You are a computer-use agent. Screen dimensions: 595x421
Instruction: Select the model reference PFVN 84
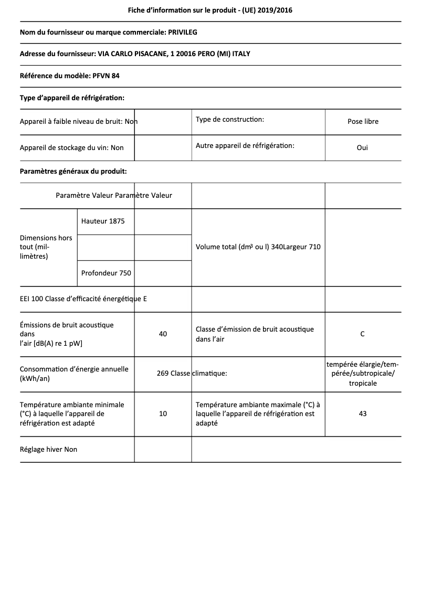[107, 76]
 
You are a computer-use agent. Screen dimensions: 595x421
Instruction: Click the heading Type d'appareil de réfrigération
[72, 98]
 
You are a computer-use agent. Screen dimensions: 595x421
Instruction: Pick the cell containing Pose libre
[363, 121]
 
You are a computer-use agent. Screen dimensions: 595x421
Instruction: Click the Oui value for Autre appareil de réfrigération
[362, 147]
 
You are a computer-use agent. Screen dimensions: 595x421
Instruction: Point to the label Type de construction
[230, 120]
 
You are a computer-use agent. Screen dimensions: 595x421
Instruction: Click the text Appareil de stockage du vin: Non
[72, 147]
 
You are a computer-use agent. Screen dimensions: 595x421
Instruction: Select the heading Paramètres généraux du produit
[73, 171]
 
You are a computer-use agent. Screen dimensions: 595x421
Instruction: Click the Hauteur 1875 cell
[103, 221]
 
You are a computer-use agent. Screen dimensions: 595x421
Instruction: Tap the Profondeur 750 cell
[106, 273]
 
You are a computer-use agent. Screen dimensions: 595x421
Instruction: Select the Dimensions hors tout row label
[46, 247]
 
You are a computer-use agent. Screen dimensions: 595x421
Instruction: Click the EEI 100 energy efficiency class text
[83, 299]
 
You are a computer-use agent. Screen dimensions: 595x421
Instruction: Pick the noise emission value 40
[163, 334]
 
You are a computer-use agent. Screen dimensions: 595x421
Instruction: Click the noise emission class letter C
[362, 334]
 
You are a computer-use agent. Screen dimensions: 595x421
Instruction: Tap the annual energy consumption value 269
[163, 374]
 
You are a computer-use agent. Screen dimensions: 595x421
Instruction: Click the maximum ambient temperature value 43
[362, 413]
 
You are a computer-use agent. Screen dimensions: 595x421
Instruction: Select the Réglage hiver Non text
[48, 449]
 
